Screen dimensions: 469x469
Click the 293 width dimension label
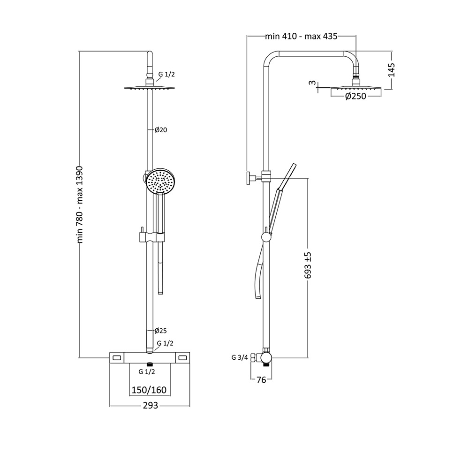(x=150, y=405)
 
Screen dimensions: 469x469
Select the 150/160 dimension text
(x=149, y=390)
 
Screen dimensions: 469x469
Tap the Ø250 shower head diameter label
(x=356, y=96)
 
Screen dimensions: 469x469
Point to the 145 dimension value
(x=392, y=70)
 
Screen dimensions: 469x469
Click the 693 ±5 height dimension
(x=308, y=265)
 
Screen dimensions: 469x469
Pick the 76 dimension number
(x=261, y=380)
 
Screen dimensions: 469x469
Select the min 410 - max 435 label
(x=301, y=36)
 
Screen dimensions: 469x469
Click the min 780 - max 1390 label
(x=80, y=204)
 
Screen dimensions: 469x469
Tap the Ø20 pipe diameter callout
(x=161, y=130)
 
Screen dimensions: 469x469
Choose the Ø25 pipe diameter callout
(x=160, y=331)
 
